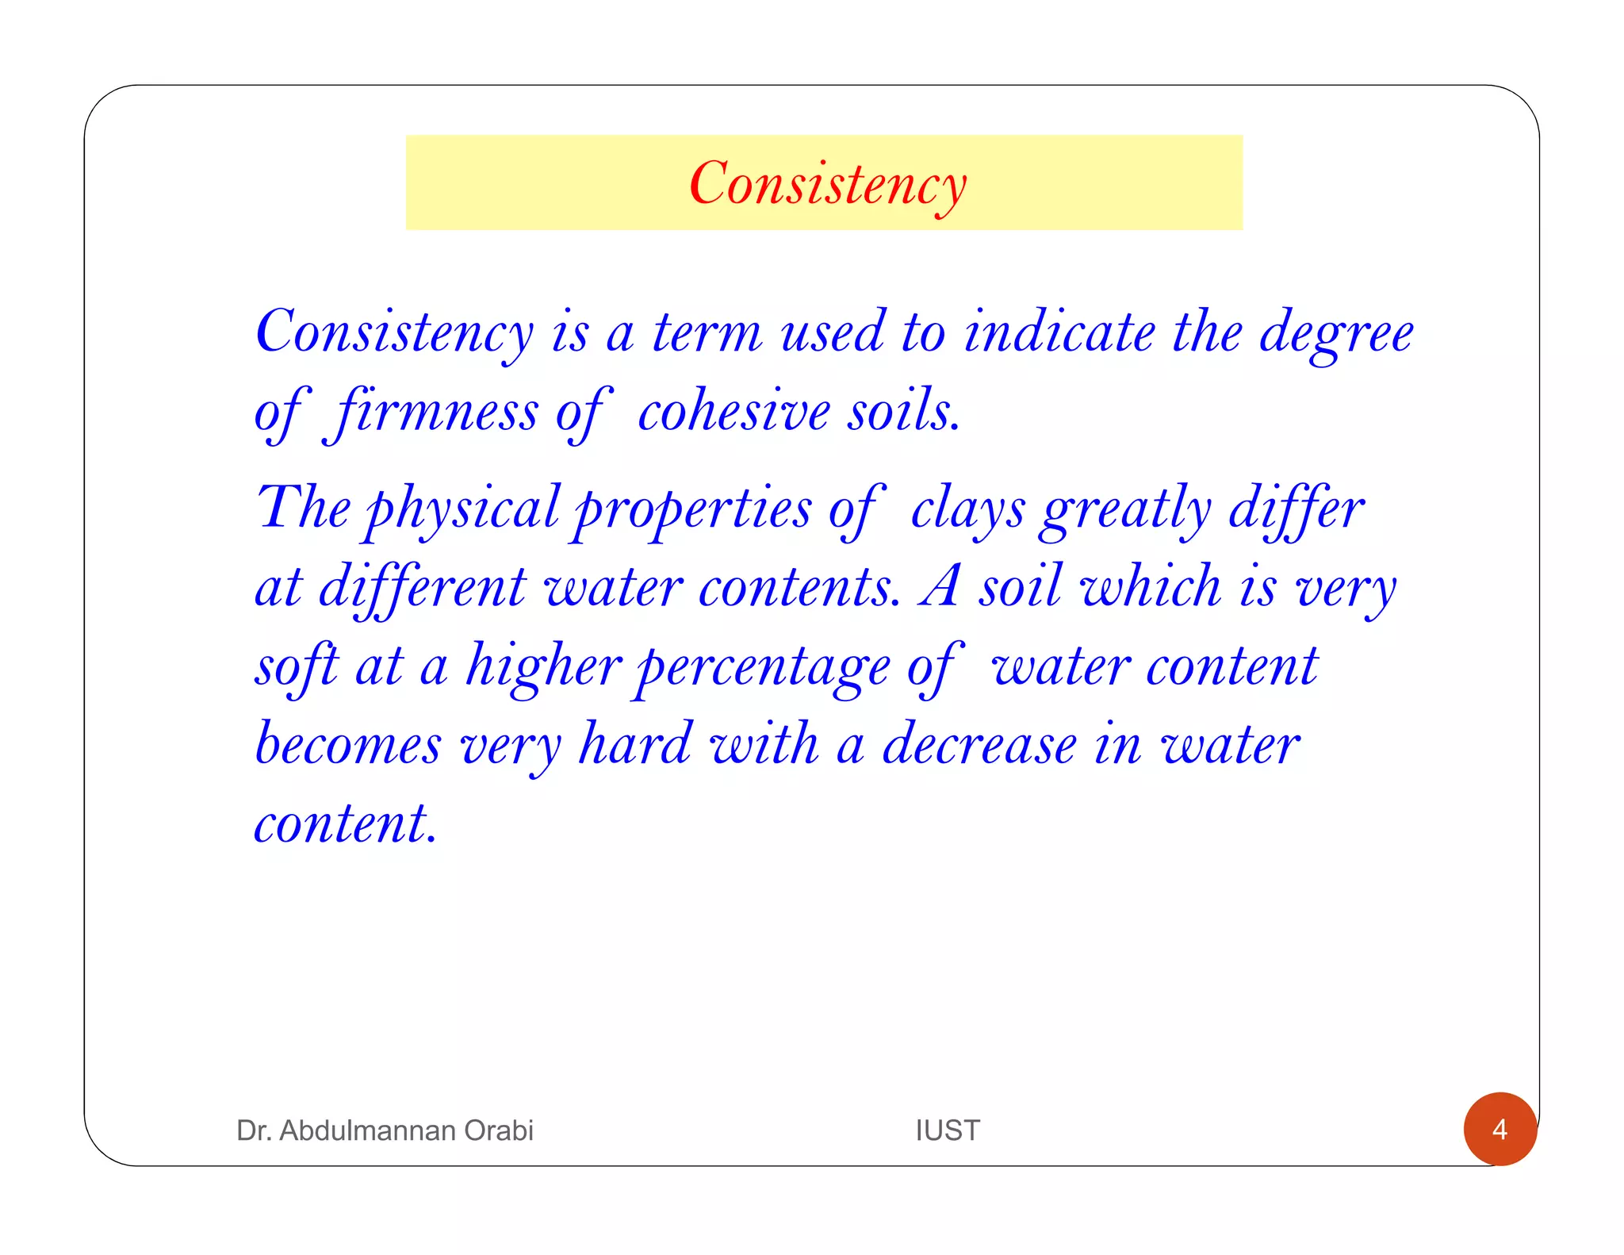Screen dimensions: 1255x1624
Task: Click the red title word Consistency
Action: pyautogui.click(x=827, y=184)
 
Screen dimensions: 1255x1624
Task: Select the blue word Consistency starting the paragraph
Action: pyautogui.click(x=394, y=332)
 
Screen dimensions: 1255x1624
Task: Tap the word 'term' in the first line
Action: pyautogui.click(x=707, y=332)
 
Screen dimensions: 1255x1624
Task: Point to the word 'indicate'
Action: pyautogui.click(x=1059, y=332)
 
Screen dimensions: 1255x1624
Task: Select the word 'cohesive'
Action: pyautogui.click(x=734, y=413)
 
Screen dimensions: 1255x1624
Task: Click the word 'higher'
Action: pyautogui.click(x=543, y=666)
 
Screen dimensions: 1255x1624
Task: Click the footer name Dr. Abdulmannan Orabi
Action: pyautogui.click(x=385, y=1130)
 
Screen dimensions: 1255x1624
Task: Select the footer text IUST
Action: pyautogui.click(x=948, y=1130)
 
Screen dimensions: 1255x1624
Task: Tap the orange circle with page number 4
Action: pyautogui.click(x=1500, y=1129)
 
